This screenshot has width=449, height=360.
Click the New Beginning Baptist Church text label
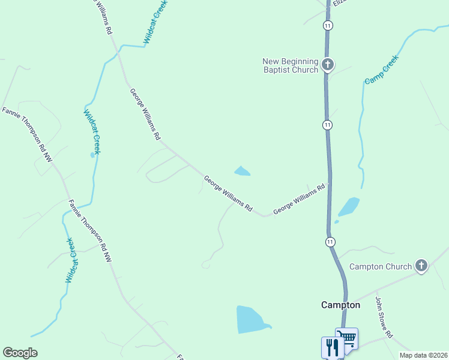click(x=290, y=65)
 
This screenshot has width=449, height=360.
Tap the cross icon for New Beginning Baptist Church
click(x=327, y=65)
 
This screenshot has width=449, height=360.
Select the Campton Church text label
click(x=381, y=266)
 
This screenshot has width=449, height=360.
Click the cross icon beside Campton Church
click(x=421, y=266)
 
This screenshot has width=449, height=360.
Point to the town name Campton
click(x=340, y=305)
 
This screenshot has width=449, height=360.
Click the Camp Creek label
click(x=382, y=70)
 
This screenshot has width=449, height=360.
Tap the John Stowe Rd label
click(x=384, y=317)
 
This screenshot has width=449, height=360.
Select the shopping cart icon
click(x=346, y=338)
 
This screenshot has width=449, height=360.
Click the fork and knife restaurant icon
click(x=332, y=347)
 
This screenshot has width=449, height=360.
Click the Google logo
click(x=20, y=353)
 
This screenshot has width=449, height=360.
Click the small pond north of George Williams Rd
click(x=242, y=172)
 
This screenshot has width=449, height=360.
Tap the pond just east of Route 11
click(x=349, y=207)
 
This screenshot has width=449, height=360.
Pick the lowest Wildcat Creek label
click(x=71, y=260)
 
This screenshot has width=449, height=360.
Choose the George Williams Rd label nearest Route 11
click(x=299, y=199)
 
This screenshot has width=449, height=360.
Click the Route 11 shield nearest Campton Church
click(x=331, y=241)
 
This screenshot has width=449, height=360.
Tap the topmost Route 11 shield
click(x=327, y=26)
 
